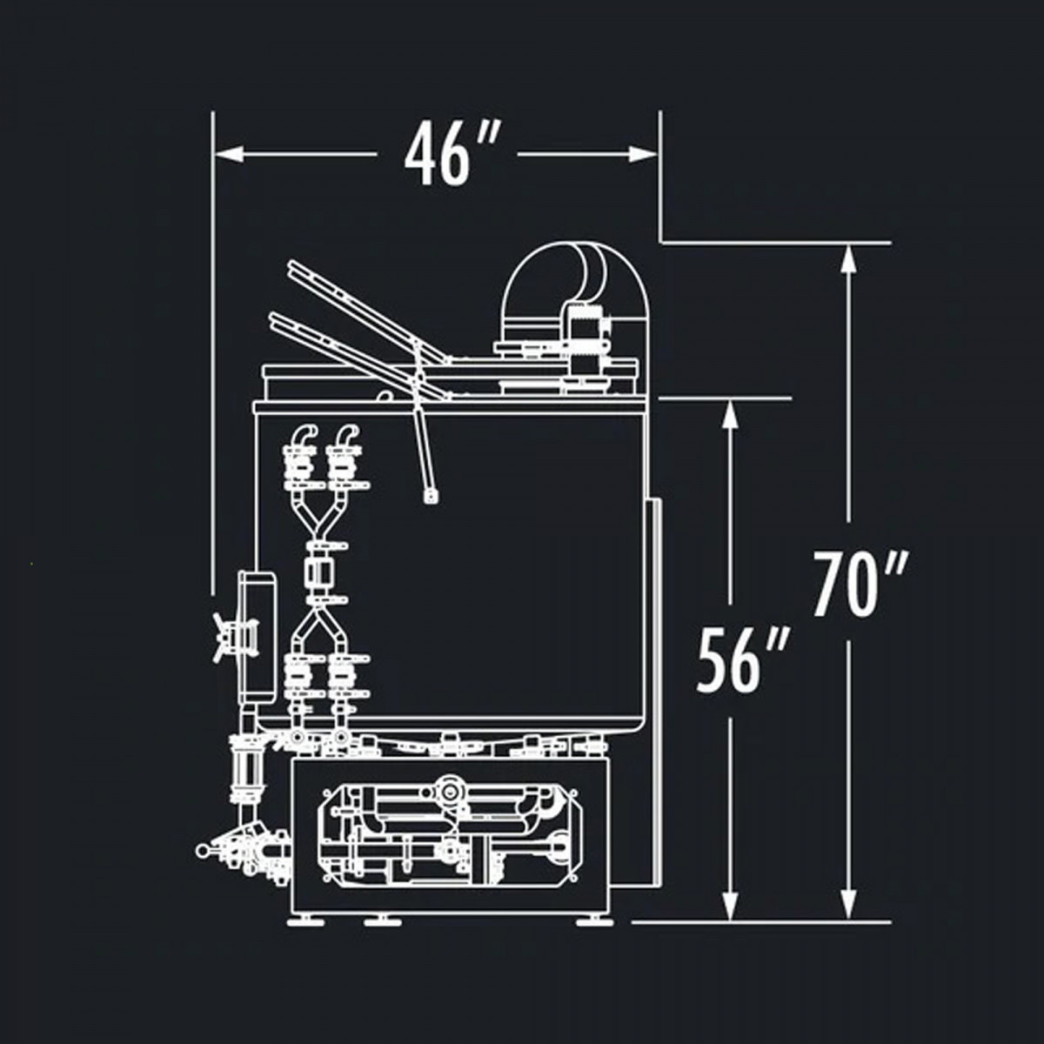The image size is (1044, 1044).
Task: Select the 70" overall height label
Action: point(860,584)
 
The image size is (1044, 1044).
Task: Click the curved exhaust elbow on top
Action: point(574,278)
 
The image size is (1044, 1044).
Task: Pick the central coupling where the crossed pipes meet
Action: point(318,573)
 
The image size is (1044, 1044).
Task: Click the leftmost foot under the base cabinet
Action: point(304,920)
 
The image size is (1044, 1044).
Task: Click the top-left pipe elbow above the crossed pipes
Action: point(301,435)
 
